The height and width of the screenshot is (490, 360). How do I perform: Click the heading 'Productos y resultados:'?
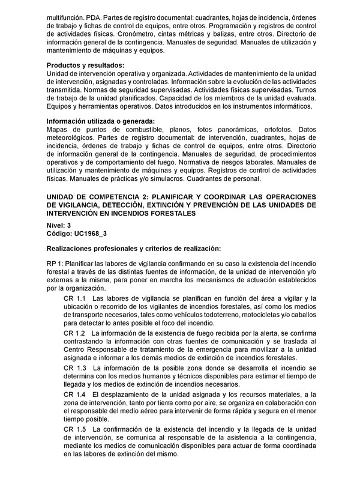click(x=86, y=65)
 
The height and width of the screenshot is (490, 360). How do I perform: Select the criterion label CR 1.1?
click(x=74, y=298)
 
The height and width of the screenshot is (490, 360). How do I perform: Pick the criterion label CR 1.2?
click(x=74, y=333)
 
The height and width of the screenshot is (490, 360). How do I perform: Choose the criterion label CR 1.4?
click(x=74, y=393)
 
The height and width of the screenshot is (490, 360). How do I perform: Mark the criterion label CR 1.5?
click(x=74, y=429)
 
